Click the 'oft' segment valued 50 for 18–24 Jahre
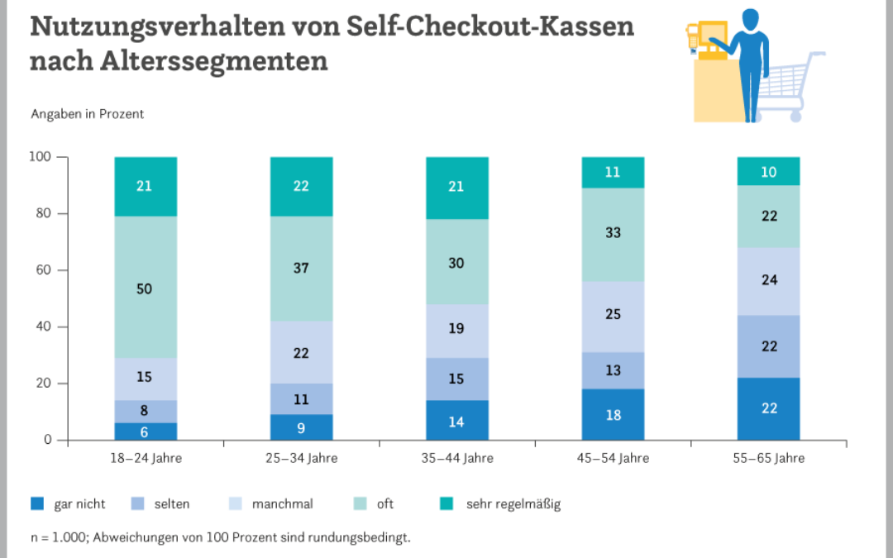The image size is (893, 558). click(x=146, y=288)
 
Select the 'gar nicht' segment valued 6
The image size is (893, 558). click(x=146, y=432)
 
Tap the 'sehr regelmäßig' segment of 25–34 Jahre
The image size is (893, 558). click(x=301, y=187)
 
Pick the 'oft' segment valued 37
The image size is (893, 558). click(x=301, y=269)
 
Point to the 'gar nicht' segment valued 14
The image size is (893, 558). click(x=456, y=421)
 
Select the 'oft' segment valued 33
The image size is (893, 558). click(x=612, y=235)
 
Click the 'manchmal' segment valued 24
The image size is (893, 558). click(x=768, y=281)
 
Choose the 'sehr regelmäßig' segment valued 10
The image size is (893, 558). click(x=768, y=171)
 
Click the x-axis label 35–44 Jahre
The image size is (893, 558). click(x=456, y=458)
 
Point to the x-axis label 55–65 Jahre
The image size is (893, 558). click(x=768, y=458)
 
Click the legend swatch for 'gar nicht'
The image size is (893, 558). click(x=37, y=503)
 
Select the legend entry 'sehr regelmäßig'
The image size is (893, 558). click(x=513, y=503)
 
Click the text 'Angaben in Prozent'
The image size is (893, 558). click(x=87, y=114)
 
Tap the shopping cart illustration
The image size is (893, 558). click(x=790, y=87)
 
